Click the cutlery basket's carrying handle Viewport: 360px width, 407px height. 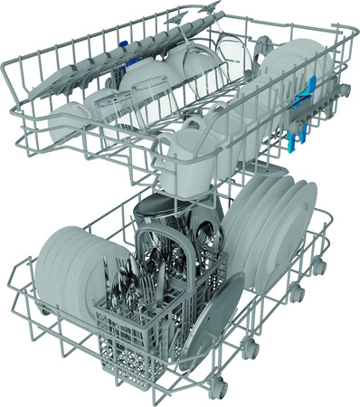tap(177, 237)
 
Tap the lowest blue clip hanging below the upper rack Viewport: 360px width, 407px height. tap(292, 143)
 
